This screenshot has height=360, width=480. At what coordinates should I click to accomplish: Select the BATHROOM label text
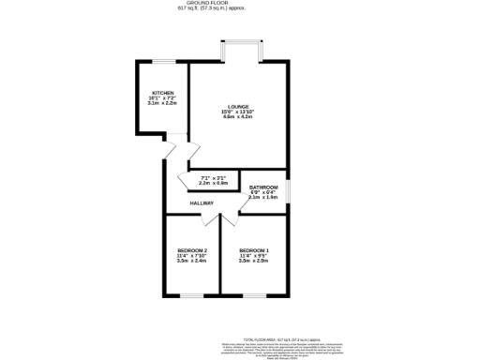point(263,187)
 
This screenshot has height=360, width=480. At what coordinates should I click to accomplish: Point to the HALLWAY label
point(202,203)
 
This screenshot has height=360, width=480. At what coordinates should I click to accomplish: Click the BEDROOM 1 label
point(254,249)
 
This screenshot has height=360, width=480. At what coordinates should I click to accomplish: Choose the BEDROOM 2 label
point(191,249)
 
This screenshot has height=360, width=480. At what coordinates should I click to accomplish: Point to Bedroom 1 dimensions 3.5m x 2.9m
point(254,261)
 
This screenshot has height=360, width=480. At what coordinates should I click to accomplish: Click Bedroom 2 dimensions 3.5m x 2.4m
point(191,261)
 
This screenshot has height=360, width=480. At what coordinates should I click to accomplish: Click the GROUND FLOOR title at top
point(239,4)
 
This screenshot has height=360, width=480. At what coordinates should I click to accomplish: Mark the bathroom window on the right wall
point(287,191)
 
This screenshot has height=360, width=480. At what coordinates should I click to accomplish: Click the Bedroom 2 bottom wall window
point(192,296)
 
